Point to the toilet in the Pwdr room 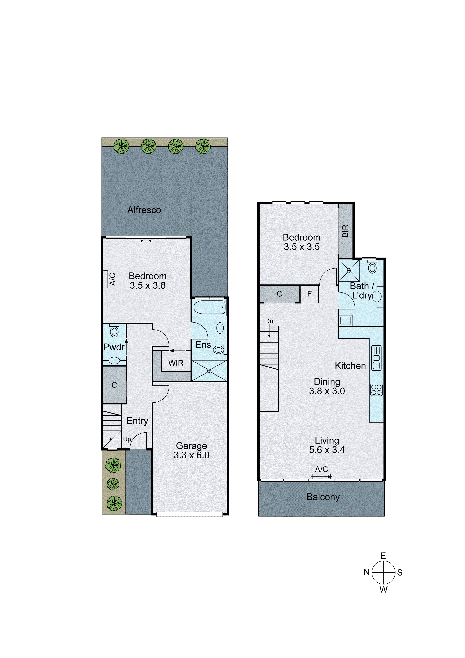click(114, 331)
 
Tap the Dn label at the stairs click(269, 321)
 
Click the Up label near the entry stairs click(127, 439)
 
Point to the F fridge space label click(309, 294)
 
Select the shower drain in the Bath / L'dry click(349, 270)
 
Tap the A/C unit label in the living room click(321, 469)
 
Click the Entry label click(137, 421)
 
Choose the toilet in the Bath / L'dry click(372, 268)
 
